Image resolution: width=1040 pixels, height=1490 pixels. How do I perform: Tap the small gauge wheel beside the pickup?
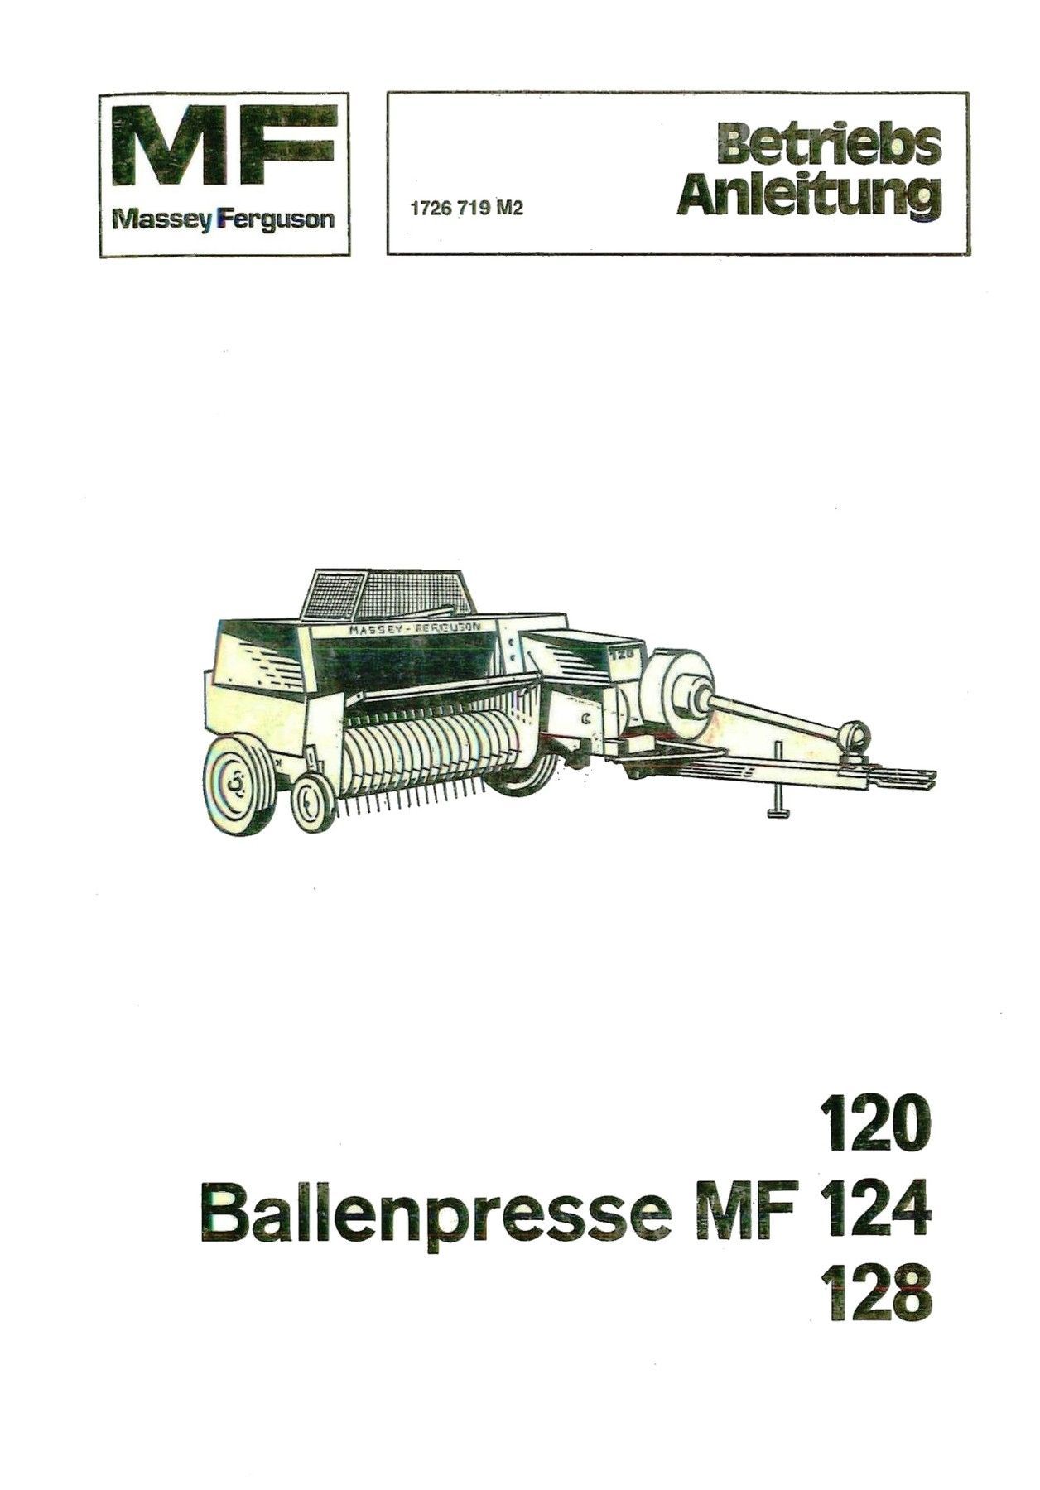(x=311, y=800)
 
